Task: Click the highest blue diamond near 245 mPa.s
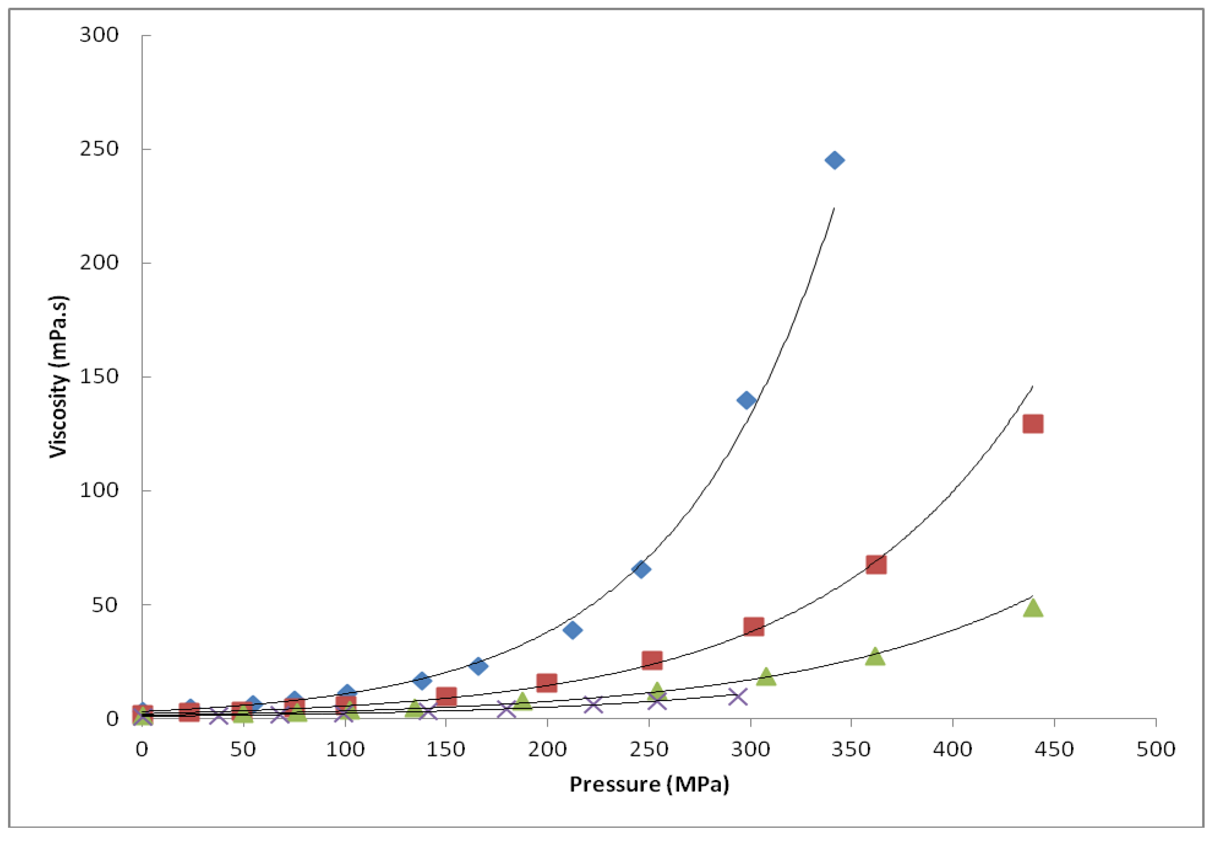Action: (834, 160)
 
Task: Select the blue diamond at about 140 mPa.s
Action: (746, 400)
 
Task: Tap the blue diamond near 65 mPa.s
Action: (641, 569)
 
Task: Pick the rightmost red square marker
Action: (1032, 423)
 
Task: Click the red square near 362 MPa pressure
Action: (876, 564)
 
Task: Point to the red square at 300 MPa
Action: (753, 627)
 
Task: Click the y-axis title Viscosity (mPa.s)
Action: (59, 377)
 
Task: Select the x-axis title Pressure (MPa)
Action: (649, 784)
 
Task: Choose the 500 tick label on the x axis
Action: (1155, 749)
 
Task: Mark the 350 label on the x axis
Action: (851, 749)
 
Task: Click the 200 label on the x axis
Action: (547, 749)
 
